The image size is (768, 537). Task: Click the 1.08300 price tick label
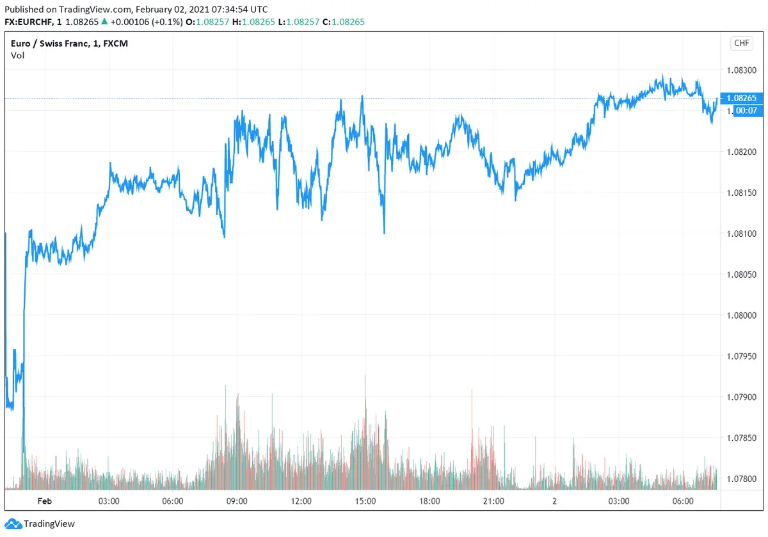tap(742, 70)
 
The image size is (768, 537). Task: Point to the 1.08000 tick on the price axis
tap(742, 316)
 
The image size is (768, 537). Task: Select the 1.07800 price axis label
tap(742, 479)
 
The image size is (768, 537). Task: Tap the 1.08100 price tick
tap(742, 234)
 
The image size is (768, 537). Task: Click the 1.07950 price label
tap(742, 357)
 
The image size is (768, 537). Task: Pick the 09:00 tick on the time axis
tap(237, 501)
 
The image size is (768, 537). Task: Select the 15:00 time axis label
tap(365, 501)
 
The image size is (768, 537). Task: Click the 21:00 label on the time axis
tap(493, 501)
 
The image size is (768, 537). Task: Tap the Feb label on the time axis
tap(44, 501)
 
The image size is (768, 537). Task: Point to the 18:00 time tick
tap(429, 501)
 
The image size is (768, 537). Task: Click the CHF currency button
tap(741, 44)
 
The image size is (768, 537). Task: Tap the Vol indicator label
tap(18, 55)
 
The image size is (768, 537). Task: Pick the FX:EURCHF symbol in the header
tap(31, 22)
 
